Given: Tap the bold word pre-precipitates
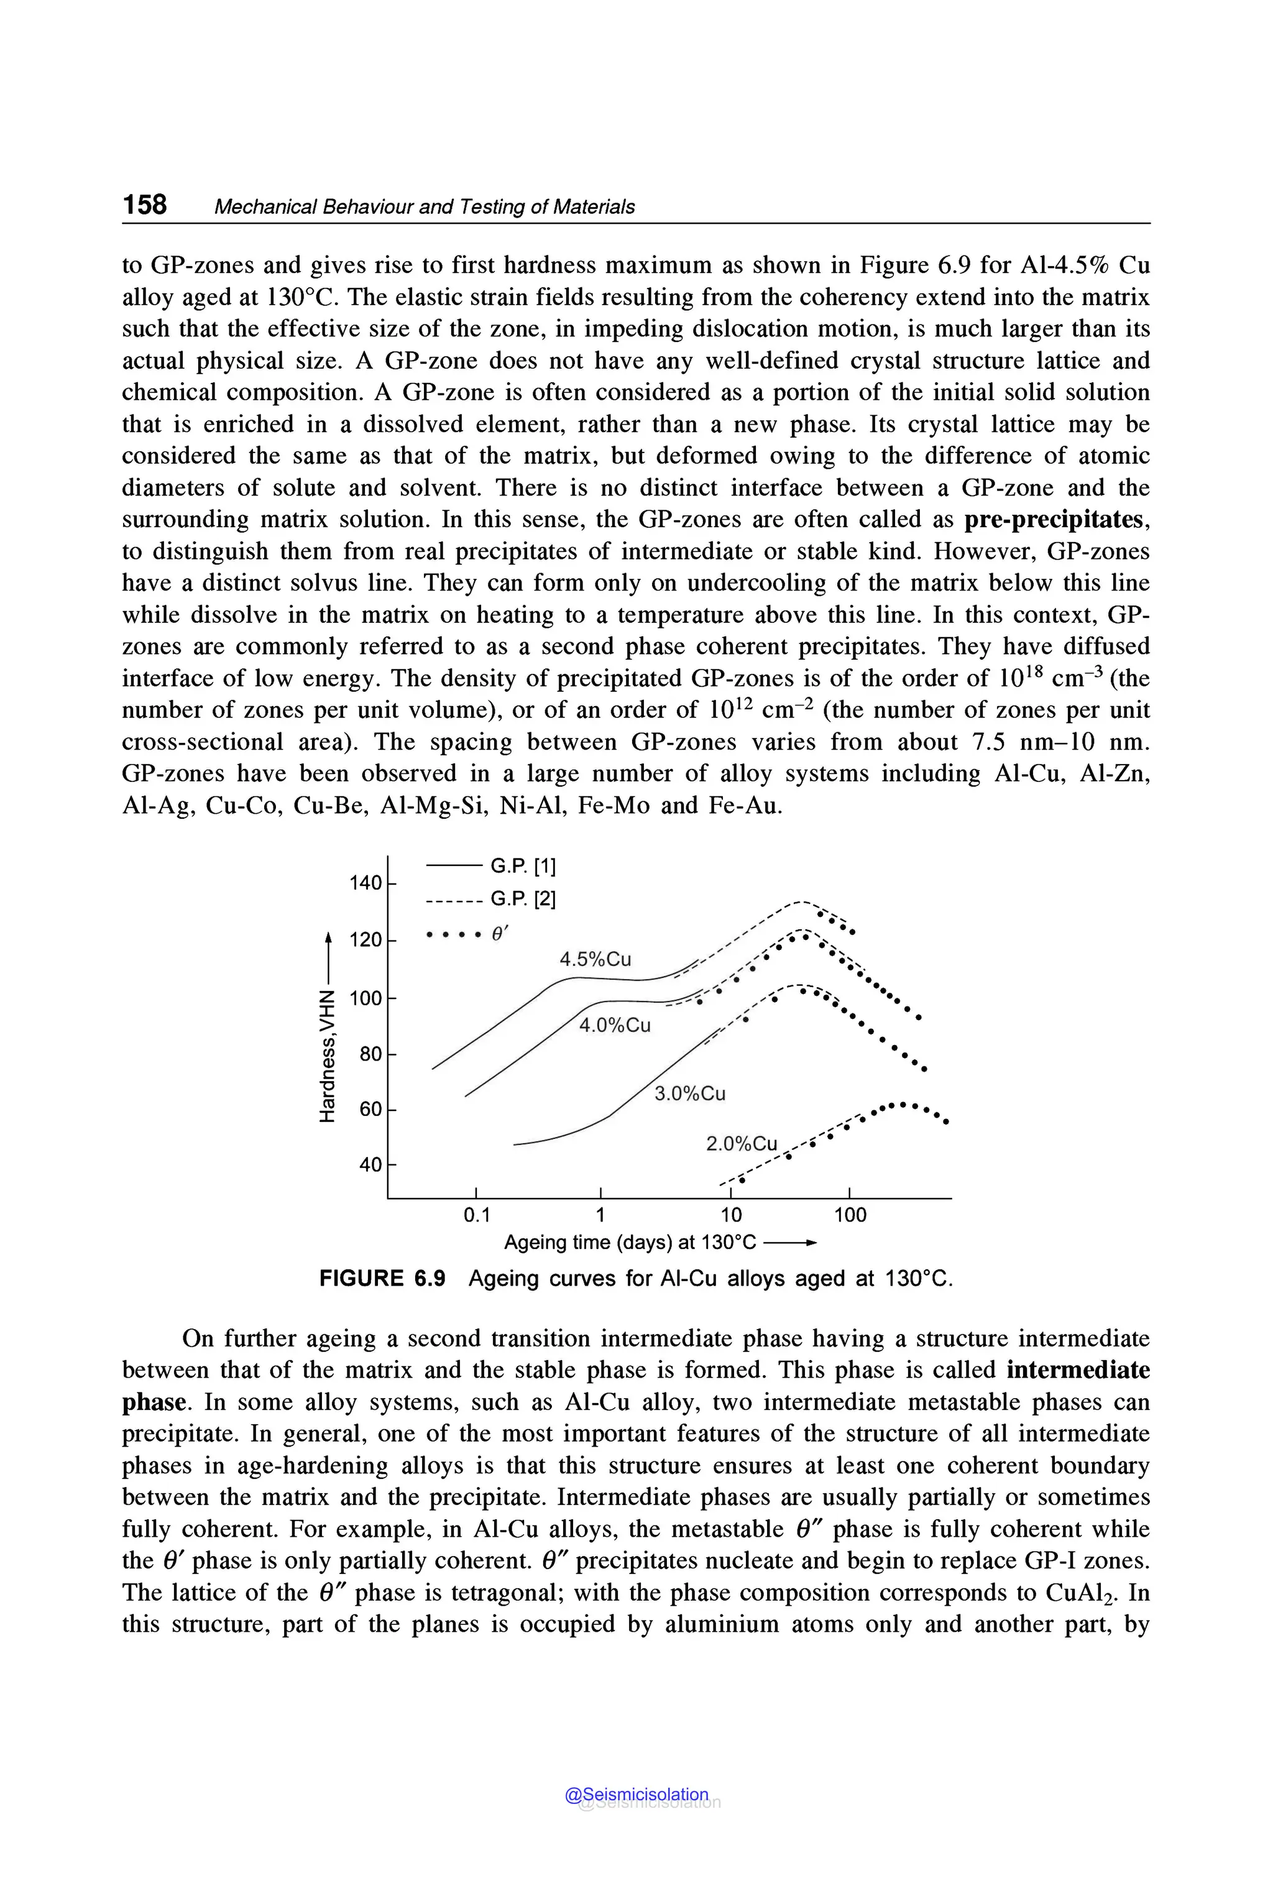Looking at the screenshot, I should (x=1056, y=519).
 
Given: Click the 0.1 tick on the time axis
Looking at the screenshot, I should (x=477, y=1215).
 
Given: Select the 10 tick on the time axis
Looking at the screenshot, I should (x=731, y=1215).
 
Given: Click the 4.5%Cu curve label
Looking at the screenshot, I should (x=595, y=959).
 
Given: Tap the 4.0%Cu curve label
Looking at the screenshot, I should (x=615, y=1026).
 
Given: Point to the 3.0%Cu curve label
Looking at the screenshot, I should (x=689, y=1093).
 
